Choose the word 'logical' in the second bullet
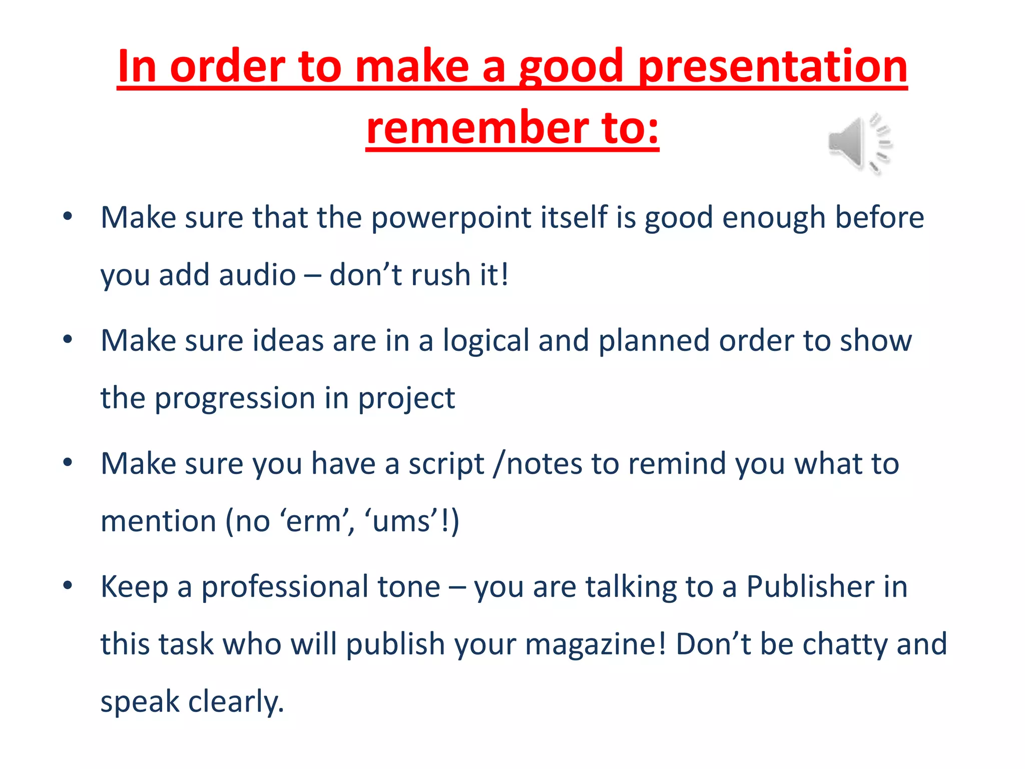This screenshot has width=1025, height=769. point(486,341)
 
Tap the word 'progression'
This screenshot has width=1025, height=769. point(235,399)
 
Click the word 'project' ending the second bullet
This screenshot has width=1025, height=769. point(406,399)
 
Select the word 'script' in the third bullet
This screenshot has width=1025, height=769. point(446,464)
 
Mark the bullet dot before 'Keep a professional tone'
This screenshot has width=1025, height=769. point(68,585)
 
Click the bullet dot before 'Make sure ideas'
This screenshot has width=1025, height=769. point(68,339)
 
